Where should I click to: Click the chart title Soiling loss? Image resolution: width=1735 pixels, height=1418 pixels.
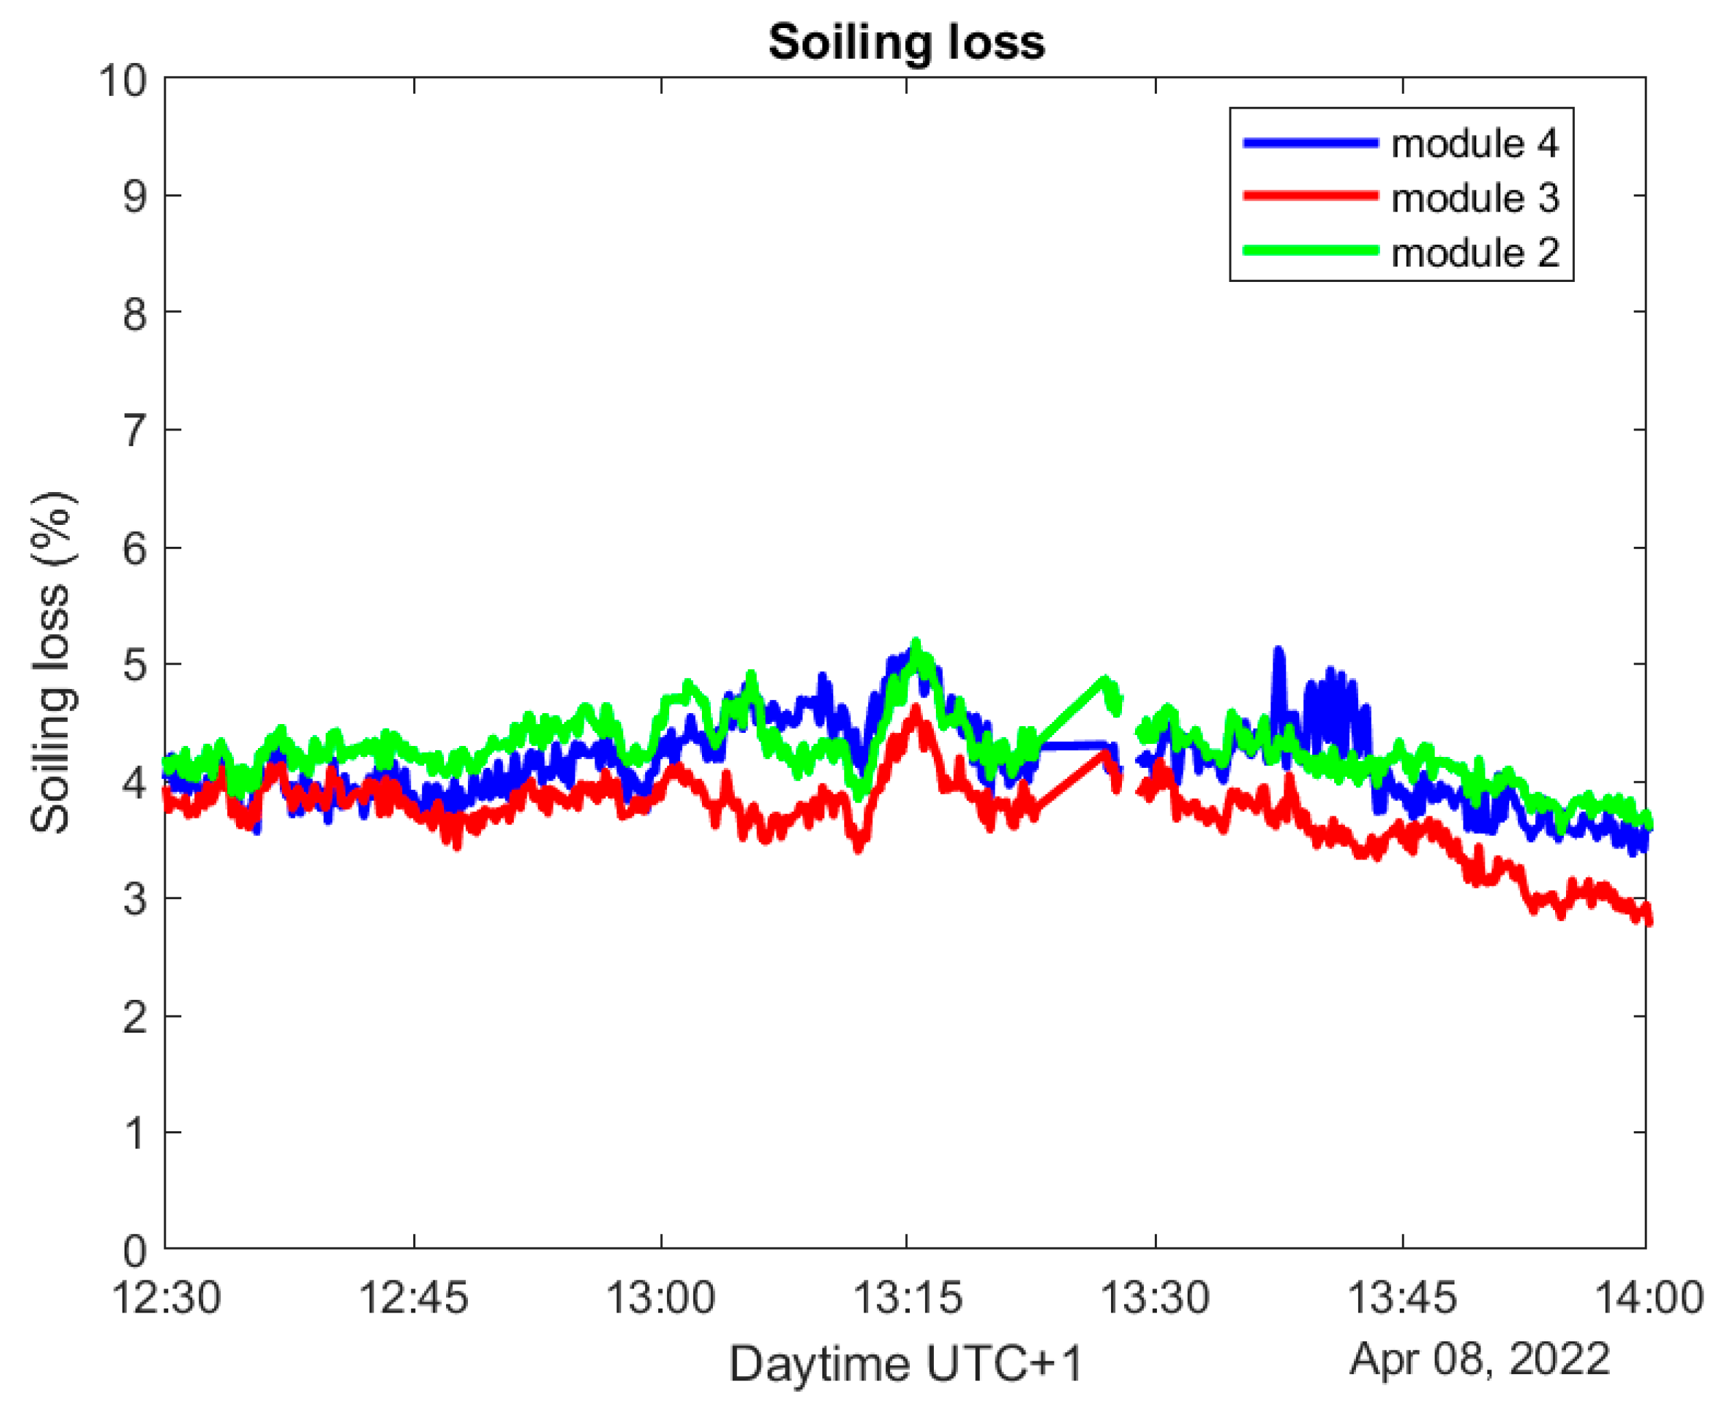[906, 42]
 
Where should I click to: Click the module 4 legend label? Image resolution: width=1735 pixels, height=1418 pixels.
[1474, 144]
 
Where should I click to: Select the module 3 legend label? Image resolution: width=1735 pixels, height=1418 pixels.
[1474, 198]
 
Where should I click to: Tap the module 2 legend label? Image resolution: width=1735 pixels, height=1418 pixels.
[1474, 253]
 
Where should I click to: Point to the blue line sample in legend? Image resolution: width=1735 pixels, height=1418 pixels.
[1310, 144]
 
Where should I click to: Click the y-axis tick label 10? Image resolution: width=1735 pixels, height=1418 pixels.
[122, 81]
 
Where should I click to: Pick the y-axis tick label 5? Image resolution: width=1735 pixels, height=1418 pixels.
[135, 666]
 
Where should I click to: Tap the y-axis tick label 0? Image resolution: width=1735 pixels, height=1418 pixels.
[135, 1250]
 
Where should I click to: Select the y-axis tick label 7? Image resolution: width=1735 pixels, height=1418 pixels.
[135, 431]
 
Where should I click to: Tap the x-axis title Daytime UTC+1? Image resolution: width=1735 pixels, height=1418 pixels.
[906, 1364]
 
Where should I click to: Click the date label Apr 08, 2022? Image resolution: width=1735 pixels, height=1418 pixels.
[1479, 1360]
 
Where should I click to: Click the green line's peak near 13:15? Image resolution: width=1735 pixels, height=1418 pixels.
[916, 644]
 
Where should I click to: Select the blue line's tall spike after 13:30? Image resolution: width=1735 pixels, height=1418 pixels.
[1279, 651]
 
